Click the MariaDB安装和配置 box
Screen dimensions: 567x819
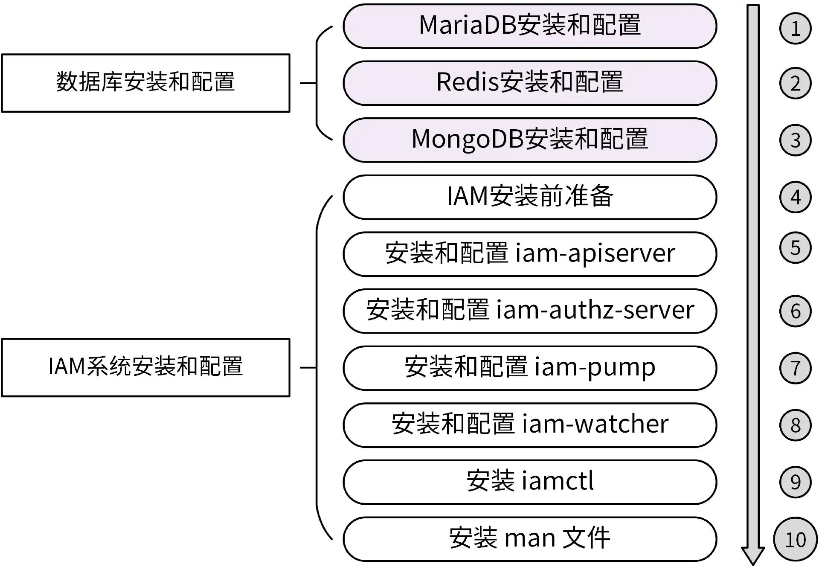pos(530,26)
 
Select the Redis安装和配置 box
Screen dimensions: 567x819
pos(530,83)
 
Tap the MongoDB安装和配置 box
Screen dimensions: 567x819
pos(530,140)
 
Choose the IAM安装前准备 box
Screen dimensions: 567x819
pos(530,197)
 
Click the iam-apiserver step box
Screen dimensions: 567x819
pos(530,254)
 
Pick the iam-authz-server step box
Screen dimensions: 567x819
pos(530,311)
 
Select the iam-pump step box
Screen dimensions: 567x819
pos(530,368)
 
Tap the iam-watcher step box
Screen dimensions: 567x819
pos(530,425)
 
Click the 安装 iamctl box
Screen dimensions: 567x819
pos(530,482)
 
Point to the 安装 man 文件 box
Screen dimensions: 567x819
pos(530,538)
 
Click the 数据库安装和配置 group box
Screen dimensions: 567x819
pos(145,83)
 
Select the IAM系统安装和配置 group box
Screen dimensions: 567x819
pos(145,367)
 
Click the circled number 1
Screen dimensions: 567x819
pos(795,29)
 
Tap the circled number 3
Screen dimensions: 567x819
pos(795,140)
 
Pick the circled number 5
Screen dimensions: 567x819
pos(795,247)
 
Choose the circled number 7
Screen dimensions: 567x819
pos(795,368)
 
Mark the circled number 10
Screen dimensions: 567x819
pos(795,539)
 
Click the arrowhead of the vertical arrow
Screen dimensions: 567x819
pos(753,555)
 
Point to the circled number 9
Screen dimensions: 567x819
pos(795,482)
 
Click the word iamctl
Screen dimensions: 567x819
pos(558,481)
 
